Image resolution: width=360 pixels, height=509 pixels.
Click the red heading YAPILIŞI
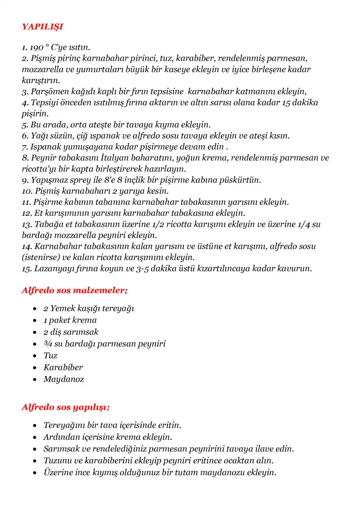42,26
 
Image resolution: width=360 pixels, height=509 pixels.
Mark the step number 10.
26,191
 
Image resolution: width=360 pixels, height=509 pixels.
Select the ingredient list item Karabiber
63,368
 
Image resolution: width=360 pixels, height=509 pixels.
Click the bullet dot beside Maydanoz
34,380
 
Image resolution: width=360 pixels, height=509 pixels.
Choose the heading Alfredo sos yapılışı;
66,407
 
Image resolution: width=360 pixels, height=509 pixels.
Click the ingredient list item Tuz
50,356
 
